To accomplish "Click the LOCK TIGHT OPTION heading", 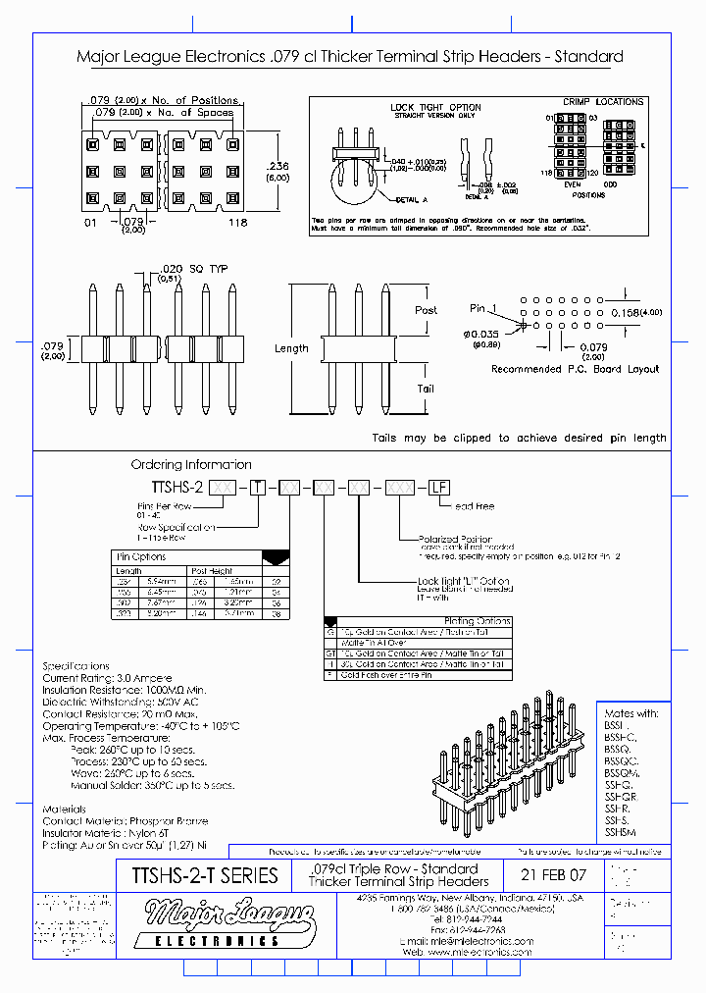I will [435, 107].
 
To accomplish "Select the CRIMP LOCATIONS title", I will [603, 101].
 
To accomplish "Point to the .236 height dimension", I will [278, 166].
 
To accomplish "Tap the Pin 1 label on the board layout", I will [484, 309].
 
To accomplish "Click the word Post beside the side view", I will [426, 310].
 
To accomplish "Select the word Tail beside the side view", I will [426, 389].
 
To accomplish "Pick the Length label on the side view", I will [291, 348].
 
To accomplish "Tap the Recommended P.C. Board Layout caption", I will [575, 369].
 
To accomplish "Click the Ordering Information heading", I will [191, 464].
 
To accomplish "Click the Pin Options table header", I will [142, 557].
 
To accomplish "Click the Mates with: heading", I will [631, 713].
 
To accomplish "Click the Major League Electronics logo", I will [229, 924].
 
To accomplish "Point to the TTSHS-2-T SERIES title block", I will [204, 875].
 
